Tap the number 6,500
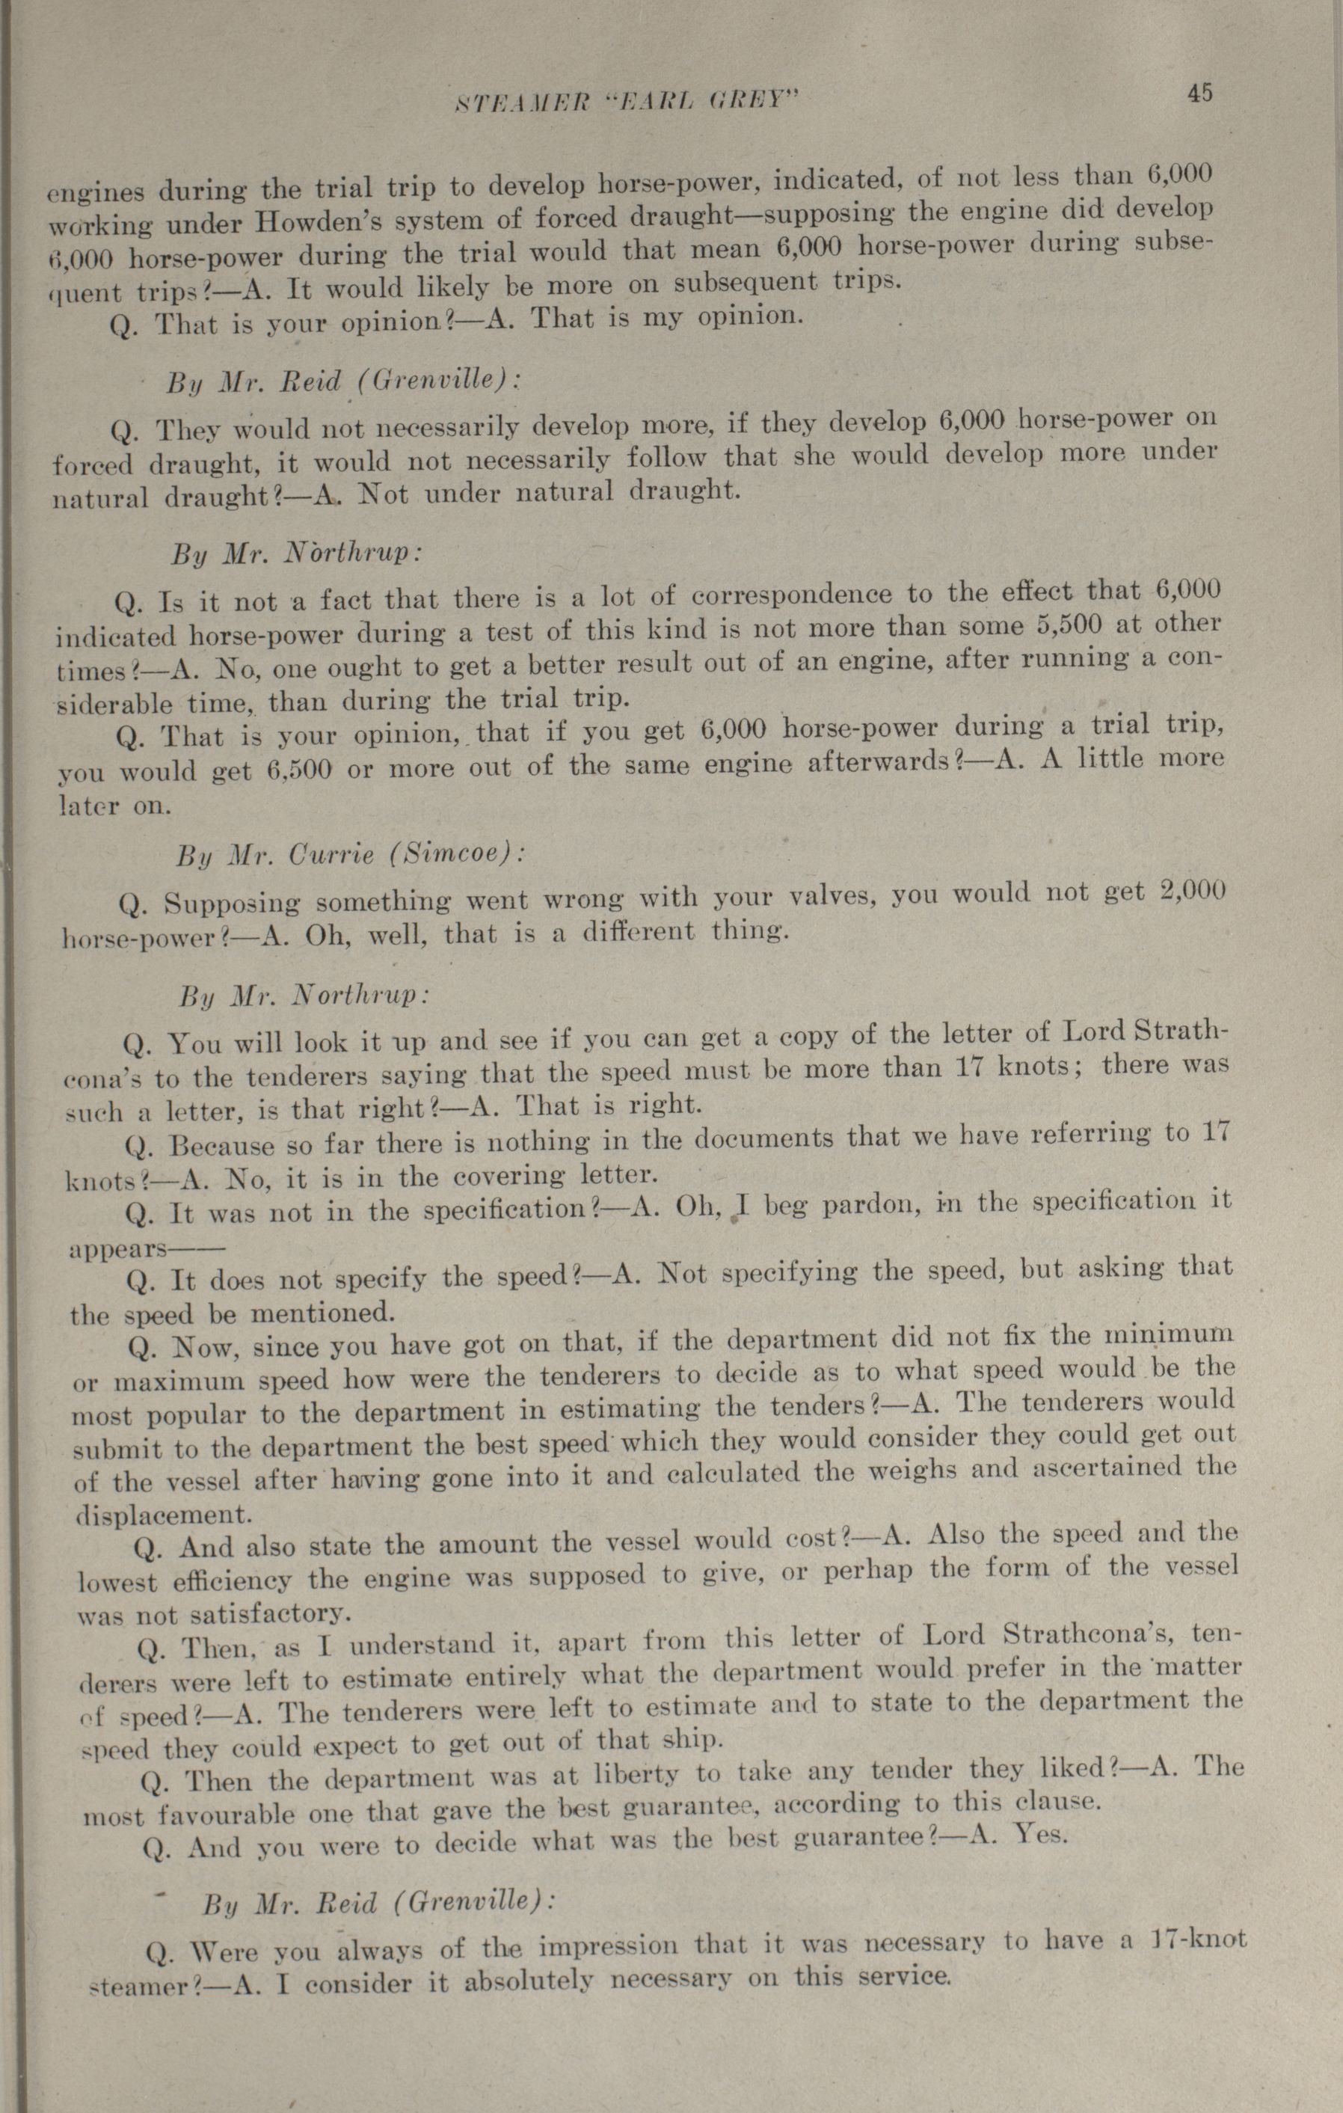[x=298, y=770]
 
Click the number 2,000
[x=1190, y=891]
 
